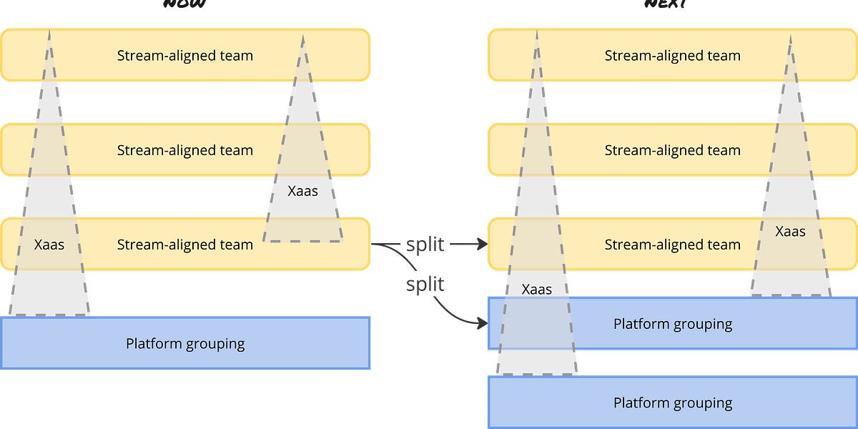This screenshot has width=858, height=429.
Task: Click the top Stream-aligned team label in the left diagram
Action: tap(185, 55)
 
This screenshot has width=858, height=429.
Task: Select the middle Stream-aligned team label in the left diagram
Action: tap(185, 150)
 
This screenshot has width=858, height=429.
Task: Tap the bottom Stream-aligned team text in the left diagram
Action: tap(185, 245)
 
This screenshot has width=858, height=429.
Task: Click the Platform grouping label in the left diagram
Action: tap(185, 344)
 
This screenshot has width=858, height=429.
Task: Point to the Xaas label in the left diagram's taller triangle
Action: tap(49, 245)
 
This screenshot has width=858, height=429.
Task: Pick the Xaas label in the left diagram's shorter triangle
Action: tap(302, 192)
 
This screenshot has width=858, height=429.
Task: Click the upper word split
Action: tap(425, 245)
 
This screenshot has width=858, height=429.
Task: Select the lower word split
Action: tap(425, 285)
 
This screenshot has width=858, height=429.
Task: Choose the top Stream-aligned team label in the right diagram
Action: tap(672, 55)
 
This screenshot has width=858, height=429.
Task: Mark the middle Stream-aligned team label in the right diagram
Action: tap(672, 150)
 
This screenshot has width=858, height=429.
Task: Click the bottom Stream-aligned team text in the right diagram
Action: tap(672, 245)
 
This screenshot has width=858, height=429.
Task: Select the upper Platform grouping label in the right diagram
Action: tap(672, 324)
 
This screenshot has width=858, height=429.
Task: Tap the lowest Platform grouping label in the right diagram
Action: tap(672, 403)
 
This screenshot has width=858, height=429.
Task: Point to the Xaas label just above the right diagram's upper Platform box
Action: tap(536, 290)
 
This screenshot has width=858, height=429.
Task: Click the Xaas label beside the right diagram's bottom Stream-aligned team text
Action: tap(790, 232)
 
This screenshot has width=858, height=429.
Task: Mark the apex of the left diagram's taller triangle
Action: tap(49, 31)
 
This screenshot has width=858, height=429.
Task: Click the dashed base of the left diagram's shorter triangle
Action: tap(303, 240)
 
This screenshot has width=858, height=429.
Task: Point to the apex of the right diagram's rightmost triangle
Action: tap(791, 35)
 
